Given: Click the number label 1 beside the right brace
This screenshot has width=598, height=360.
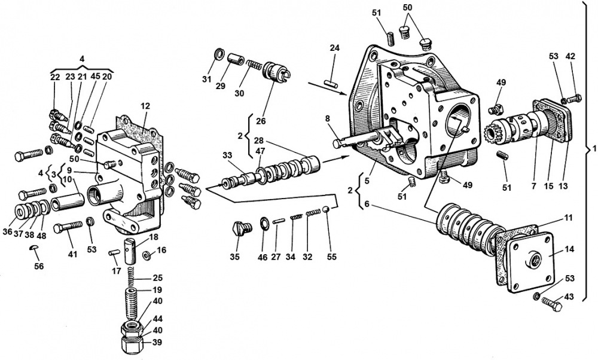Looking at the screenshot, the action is click(594, 149).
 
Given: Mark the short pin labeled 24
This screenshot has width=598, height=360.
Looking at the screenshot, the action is click(331, 83).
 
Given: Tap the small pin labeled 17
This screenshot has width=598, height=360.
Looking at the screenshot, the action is click(114, 252).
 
